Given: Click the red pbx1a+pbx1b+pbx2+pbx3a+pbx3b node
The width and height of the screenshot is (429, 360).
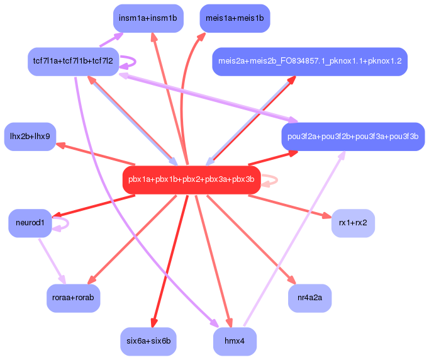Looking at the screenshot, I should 191,180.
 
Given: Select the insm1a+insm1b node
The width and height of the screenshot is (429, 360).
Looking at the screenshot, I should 148,18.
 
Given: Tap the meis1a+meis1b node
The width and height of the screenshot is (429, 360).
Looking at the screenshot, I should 235,18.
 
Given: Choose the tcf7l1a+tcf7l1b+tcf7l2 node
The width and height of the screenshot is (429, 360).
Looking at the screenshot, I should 73,62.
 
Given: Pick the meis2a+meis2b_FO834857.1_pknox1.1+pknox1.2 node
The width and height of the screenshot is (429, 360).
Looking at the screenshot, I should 310,62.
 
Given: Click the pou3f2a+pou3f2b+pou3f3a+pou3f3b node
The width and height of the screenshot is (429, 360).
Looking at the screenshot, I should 353,137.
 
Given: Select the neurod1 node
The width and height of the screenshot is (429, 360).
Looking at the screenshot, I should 30,223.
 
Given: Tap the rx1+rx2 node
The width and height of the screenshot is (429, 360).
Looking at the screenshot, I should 353,223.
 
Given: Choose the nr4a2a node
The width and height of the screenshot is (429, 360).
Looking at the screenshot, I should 309,298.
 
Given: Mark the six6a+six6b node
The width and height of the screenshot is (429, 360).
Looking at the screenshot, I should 148,341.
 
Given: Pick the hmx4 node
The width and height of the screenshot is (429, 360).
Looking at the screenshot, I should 235,341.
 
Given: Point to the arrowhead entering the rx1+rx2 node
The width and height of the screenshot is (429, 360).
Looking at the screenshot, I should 327,217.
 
